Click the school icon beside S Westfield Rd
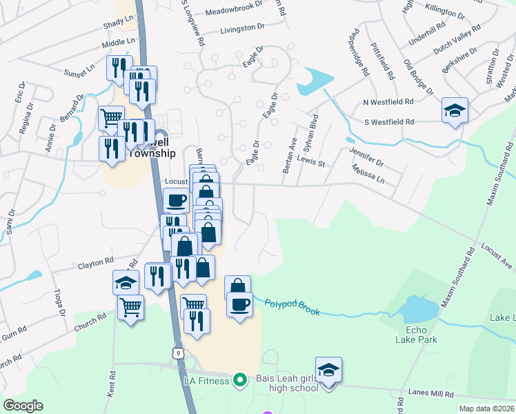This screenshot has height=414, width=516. pyautogui.click(x=455, y=110)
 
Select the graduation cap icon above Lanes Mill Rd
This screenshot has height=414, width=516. pyautogui.click(x=329, y=371)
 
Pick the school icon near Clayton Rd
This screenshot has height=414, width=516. pyautogui.click(x=126, y=282)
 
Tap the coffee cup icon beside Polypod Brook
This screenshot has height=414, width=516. pyautogui.click(x=239, y=304)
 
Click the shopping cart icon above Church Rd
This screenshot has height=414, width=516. pyautogui.click(x=130, y=308)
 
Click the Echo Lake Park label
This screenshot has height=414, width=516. pyautogui.click(x=417, y=334)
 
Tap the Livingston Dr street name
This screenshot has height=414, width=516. pyautogui.click(x=242, y=28)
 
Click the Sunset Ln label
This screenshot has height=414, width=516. pyautogui.click(x=79, y=70)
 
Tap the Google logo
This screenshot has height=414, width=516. pyautogui.click(x=23, y=406)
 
